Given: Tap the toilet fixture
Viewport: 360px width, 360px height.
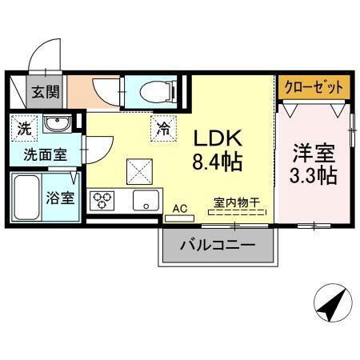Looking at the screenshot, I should tap(151, 91).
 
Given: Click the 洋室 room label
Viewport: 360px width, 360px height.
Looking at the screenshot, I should tap(313, 150).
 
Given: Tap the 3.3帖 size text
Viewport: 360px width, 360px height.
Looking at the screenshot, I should tap(313, 175).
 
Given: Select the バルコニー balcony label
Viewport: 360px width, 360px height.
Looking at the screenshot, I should tap(217, 245).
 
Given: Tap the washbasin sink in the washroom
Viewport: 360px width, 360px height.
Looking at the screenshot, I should tap(55, 124).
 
